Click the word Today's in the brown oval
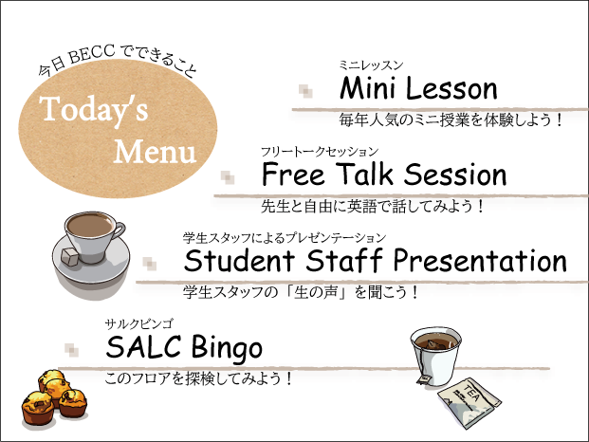click(x=94, y=110)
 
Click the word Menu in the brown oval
click(x=155, y=152)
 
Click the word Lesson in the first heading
click(x=451, y=88)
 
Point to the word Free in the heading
click(x=293, y=174)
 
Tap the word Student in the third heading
click(x=239, y=260)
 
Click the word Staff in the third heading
click(x=343, y=259)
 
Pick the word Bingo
click(x=227, y=348)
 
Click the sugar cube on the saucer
click(x=70, y=256)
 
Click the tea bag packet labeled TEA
click(x=469, y=402)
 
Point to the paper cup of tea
click(x=436, y=356)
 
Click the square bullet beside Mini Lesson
click(x=305, y=91)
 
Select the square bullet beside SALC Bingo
click(x=71, y=350)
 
